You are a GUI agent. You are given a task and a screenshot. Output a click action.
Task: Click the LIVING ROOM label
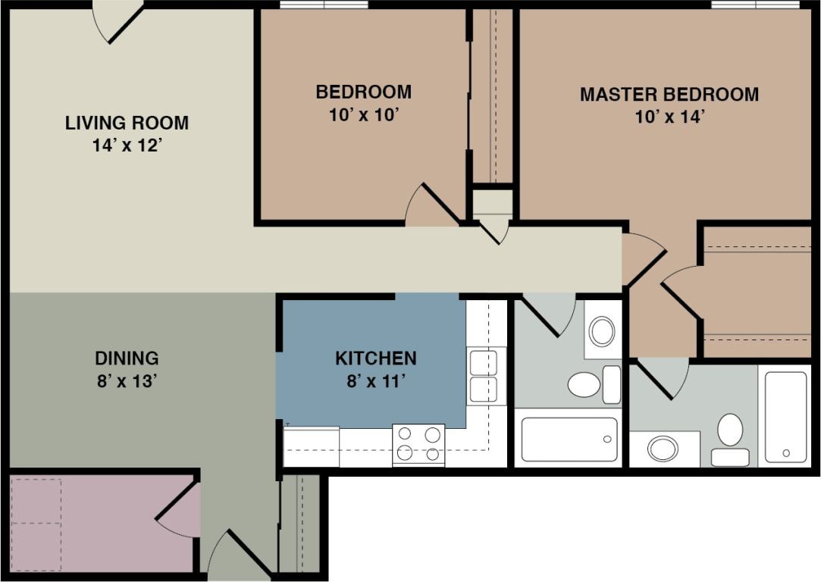coord(127,122)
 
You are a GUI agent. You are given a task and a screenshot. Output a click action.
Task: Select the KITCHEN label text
coord(376,358)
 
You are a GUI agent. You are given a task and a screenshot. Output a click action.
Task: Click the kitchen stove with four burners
coord(418,444)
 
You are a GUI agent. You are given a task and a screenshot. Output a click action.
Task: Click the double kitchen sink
coord(485,377)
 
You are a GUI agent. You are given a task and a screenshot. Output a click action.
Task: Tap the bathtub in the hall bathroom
coord(569,440)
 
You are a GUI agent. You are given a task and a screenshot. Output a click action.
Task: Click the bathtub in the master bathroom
coord(785,417)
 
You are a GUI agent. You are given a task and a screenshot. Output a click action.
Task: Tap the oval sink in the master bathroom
coord(663,449)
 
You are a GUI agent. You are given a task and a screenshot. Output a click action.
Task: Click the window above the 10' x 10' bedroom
coord(324,5)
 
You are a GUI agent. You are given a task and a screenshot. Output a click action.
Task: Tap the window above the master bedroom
coord(755,5)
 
